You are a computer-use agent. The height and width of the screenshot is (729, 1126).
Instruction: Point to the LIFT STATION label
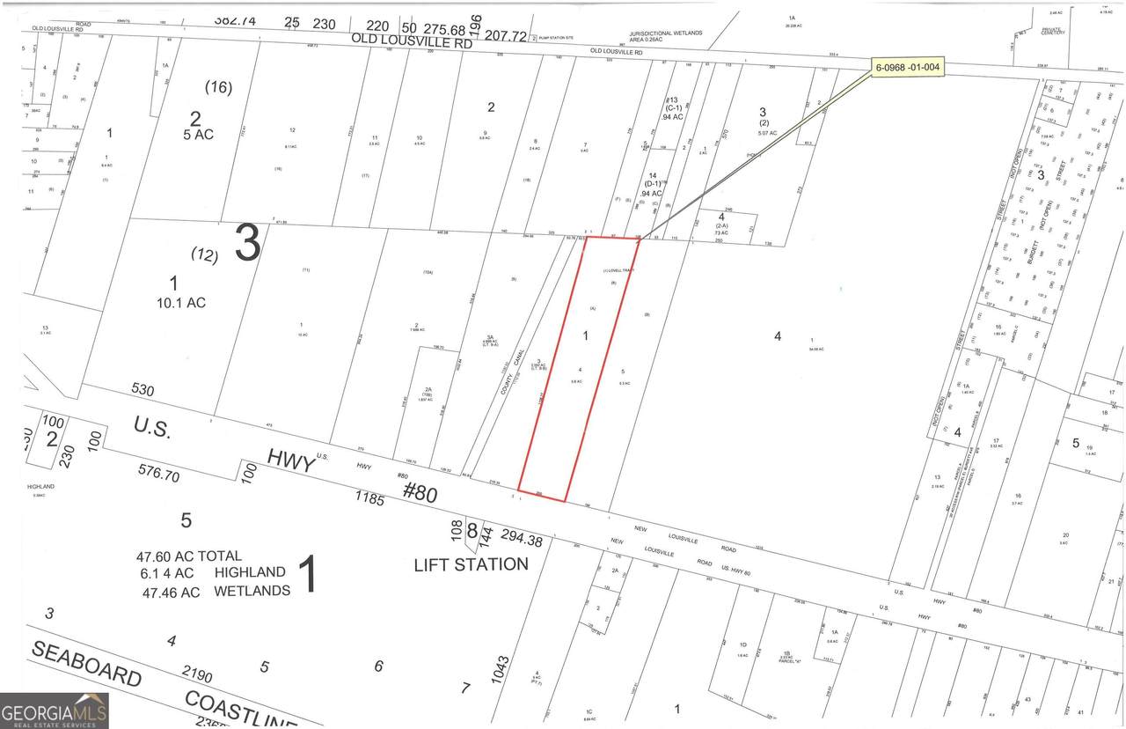[471, 564]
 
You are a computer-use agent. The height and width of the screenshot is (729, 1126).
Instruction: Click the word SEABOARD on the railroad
[85, 665]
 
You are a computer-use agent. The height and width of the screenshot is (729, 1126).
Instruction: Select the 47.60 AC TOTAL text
[188, 556]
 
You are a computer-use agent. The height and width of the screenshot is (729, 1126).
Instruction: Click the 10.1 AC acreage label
[173, 302]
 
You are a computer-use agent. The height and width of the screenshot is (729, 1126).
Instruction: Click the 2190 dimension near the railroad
[197, 675]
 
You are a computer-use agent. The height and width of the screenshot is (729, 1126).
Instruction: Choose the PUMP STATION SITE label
[555, 38]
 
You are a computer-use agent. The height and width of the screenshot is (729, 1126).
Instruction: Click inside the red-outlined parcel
[576, 370]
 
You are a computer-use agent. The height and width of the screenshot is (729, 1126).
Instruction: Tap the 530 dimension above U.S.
[144, 388]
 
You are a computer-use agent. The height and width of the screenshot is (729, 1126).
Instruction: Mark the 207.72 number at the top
[505, 36]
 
